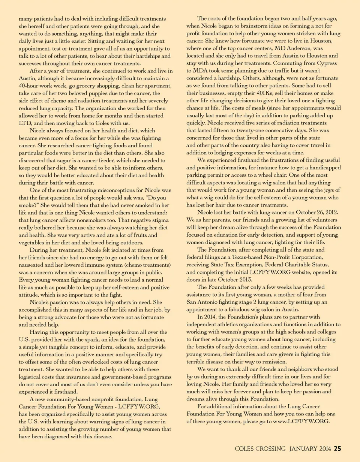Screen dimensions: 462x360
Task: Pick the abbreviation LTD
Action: (25, 123)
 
